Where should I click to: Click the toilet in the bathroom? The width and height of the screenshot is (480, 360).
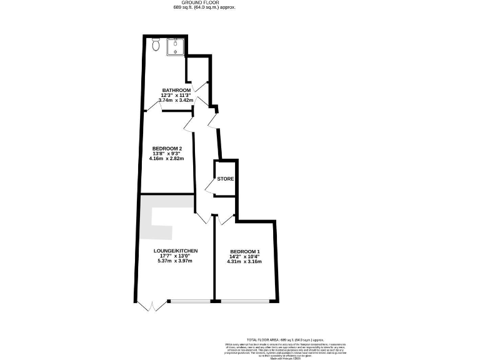(x=156, y=45)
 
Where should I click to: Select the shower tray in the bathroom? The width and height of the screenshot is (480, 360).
(x=176, y=46)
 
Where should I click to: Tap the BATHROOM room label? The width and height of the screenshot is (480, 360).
(x=176, y=90)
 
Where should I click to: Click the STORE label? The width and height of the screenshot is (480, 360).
(x=226, y=179)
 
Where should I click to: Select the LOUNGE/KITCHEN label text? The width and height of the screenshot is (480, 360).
(x=176, y=251)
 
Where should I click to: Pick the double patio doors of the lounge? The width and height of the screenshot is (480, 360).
(x=152, y=306)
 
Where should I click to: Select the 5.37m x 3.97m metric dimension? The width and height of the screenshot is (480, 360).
(x=176, y=261)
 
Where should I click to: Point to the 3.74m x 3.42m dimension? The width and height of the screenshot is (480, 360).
(x=176, y=100)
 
